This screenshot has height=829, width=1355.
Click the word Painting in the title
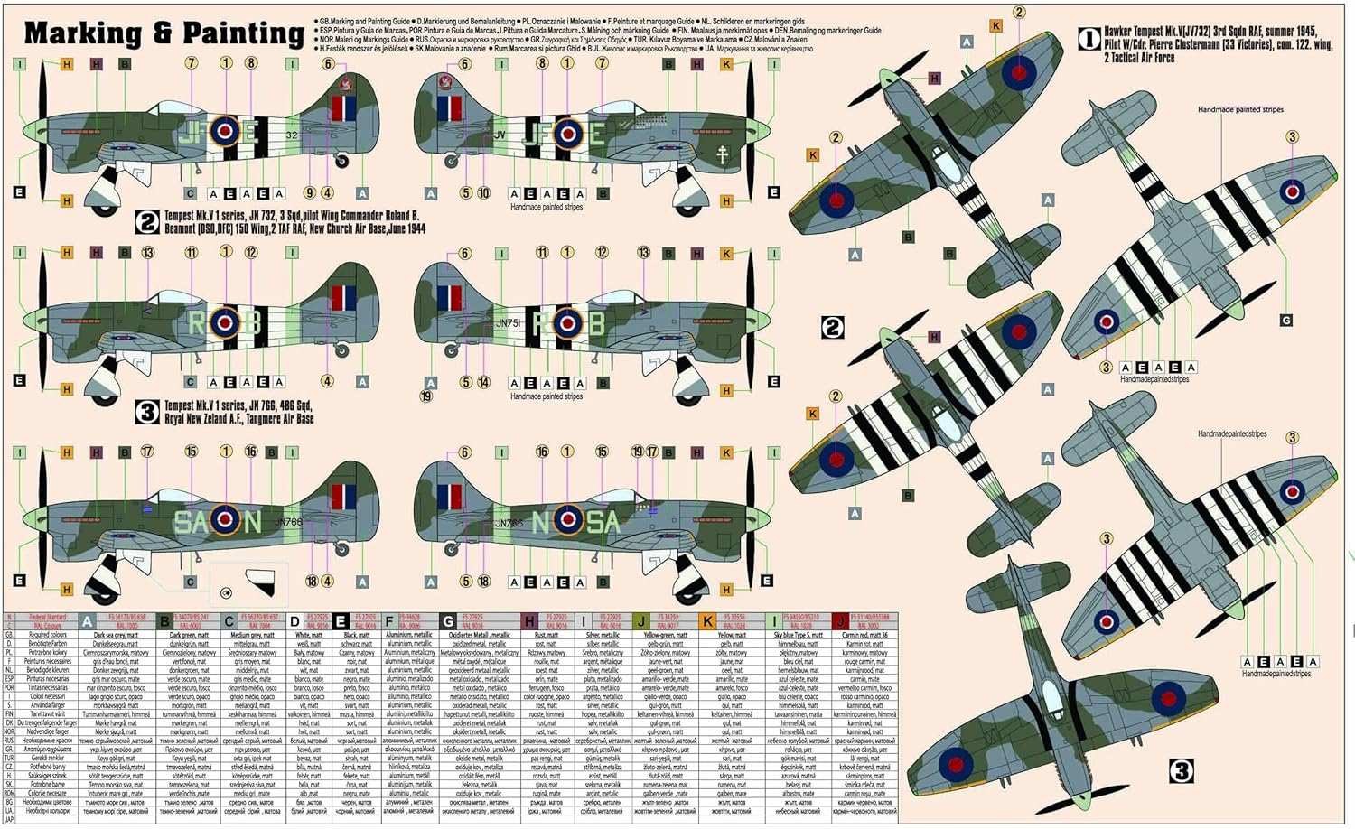pyautogui.click(x=243, y=33)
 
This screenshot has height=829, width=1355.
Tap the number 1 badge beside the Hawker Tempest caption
pyautogui.click(x=1089, y=39)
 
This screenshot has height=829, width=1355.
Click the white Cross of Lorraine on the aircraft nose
pyautogui.click(x=723, y=154)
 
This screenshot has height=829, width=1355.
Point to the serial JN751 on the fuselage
pyautogui.click(x=509, y=321)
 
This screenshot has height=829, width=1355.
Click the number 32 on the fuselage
pyautogui.click(x=290, y=135)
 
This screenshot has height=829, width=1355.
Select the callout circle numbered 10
pyautogui.click(x=483, y=193)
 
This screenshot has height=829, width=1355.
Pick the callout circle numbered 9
pyautogui.click(x=309, y=192)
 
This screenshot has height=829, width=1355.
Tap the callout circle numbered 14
pyautogui.click(x=483, y=382)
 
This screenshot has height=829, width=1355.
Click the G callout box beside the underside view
pyautogui.click(x=1285, y=321)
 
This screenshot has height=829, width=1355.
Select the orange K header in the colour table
pyautogui.click(x=708, y=621)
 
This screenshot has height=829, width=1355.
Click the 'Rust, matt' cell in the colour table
pyautogui.click(x=547, y=635)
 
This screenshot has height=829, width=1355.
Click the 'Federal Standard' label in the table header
pyautogui.click(x=47, y=618)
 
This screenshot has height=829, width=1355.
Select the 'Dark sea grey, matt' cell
pyautogui.click(x=116, y=635)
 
